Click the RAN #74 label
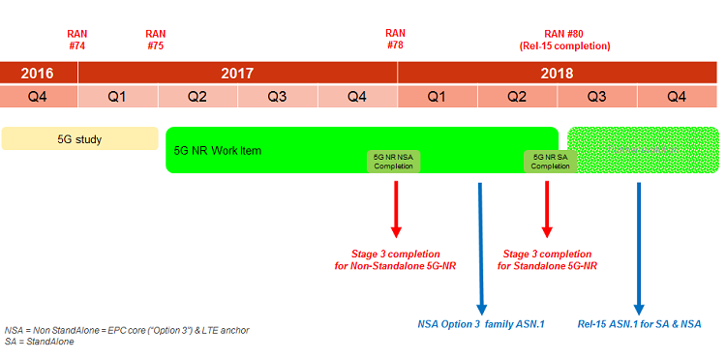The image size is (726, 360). click(x=77, y=40)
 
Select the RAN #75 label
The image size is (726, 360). click(x=155, y=40)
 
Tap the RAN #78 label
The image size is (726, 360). click(x=395, y=40)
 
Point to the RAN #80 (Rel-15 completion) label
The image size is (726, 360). click(x=563, y=40)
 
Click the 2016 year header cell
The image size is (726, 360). click(x=39, y=74)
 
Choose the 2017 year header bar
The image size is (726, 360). click(x=237, y=74)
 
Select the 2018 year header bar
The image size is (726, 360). click(x=557, y=74)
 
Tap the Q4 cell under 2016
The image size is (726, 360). click(x=39, y=97)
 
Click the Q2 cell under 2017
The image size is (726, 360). click(x=197, y=97)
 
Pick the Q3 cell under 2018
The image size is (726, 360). click(x=596, y=97)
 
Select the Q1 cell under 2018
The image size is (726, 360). click(x=437, y=97)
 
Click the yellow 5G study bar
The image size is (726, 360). click(x=79, y=139)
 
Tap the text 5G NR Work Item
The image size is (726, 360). click(x=218, y=151)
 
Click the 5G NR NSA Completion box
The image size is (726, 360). click(x=394, y=161)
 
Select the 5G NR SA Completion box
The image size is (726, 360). click(x=549, y=161)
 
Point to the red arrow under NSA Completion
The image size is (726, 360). click(x=396, y=208)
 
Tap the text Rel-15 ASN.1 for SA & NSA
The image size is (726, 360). click(x=639, y=323)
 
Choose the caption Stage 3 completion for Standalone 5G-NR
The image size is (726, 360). click(x=549, y=259)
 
